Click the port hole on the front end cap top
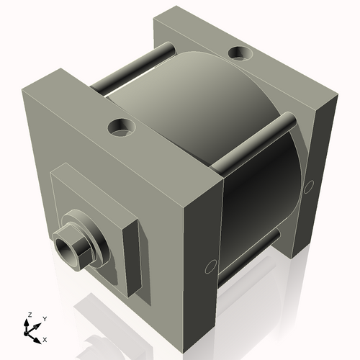[x=122, y=128]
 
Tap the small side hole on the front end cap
[x=210, y=267]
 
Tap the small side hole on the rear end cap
[x=309, y=186]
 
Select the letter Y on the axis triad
[x=44, y=318]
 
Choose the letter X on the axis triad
[x=45, y=338]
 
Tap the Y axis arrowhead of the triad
[x=38, y=324]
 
